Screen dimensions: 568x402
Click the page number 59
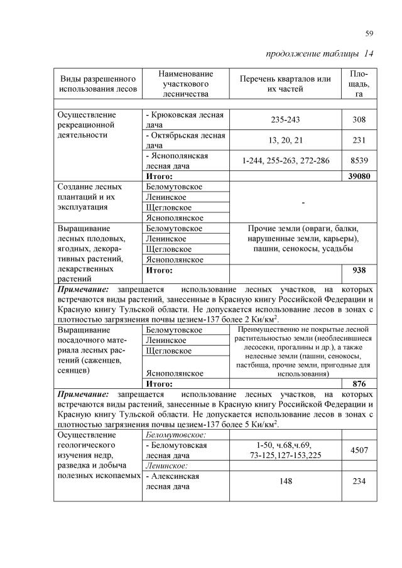369,33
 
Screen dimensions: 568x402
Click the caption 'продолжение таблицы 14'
320,53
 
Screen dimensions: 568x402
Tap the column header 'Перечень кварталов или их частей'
285,84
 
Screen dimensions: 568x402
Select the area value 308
359,119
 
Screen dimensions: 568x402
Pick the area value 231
359,140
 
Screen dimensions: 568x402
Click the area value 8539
359,161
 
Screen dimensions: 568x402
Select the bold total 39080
359,177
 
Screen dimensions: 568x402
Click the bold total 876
359,383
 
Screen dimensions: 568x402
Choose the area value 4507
359,449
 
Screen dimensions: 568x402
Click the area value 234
359,481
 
